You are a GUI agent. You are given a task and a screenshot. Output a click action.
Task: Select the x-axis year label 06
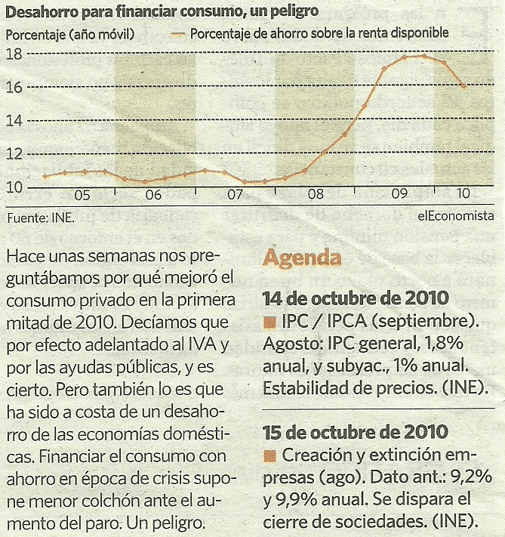coord(153,196)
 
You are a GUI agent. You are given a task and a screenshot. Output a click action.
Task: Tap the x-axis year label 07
coord(235,196)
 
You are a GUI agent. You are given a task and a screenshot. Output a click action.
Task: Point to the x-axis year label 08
coord(316,196)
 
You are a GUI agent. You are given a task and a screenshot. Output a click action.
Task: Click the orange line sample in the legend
coord(177,34)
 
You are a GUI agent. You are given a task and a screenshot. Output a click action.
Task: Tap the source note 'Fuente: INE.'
coord(40,218)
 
